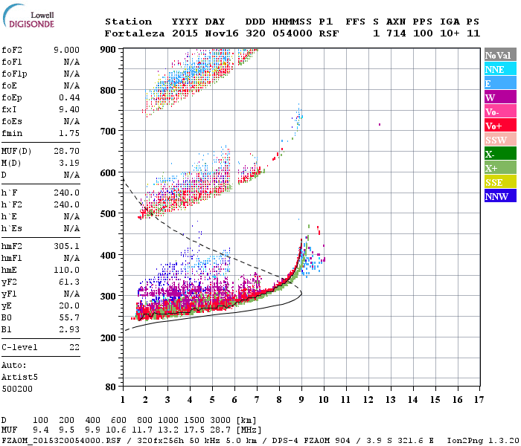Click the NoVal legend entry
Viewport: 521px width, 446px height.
[x=498, y=55]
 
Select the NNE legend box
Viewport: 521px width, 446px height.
[x=498, y=69]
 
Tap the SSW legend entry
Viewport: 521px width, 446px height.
[x=498, y=140]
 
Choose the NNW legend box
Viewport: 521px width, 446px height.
[x=498, y=196]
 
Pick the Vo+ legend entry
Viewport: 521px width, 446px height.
[x=498, y=126]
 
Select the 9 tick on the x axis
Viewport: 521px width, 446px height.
[x=301, y=399]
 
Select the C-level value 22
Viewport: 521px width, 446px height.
[x=74, y=347]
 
